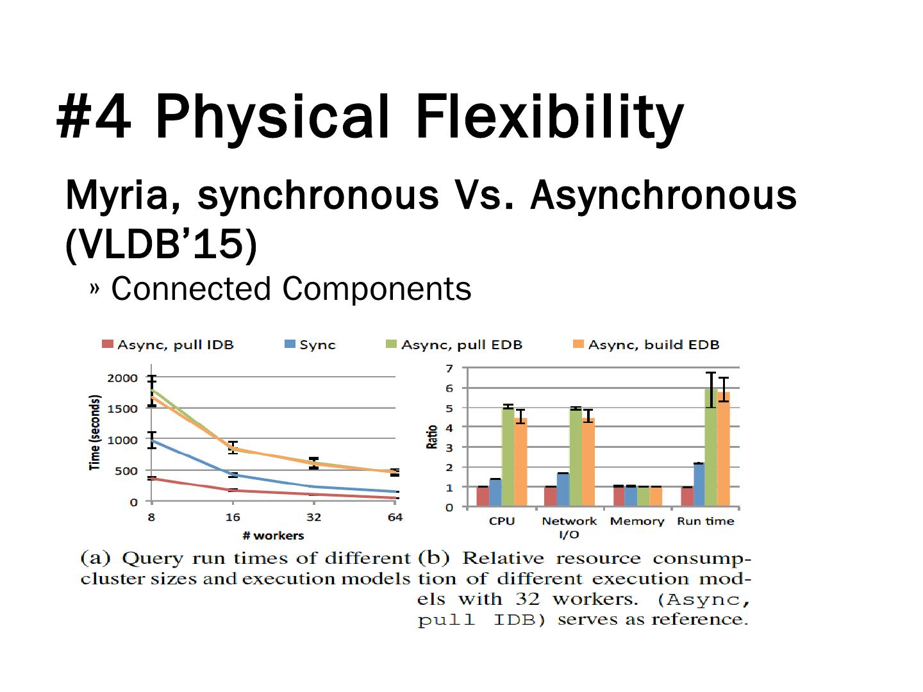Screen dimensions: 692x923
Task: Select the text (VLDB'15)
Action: pyautogui.click(x=161, y=243)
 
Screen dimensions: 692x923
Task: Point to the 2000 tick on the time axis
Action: pyautogui.click(x=122, y=378)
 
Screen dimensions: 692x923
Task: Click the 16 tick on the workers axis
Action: pyautogui.click(x=233, y=517)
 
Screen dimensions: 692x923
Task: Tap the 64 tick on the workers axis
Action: pyautogui.click(x=395, y=517)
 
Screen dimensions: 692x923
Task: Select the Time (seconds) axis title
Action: pyautogui.click(x=95, y=433)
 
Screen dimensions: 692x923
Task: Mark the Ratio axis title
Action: pyautogui.click(x=432, y=436)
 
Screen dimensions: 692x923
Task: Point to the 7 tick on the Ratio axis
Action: pyautogui.click(x=449, y=368)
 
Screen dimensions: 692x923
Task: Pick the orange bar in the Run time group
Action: pyautogui.click(x=724, y=449)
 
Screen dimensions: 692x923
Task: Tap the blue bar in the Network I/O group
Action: pyautogui.click(x=563, y=490)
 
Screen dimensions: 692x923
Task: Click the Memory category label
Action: pyautogui.click(x=636, y=521)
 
